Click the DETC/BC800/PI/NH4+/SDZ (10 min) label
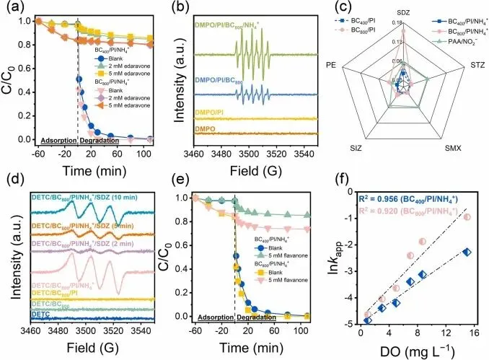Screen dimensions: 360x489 point(79,195)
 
